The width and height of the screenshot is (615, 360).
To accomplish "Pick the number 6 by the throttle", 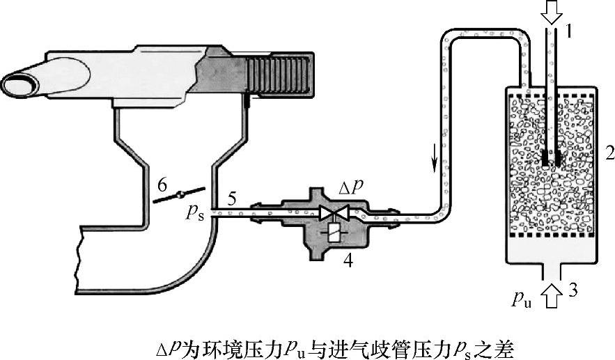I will point(162,184).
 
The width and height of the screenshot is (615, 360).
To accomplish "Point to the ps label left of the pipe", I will point(195,214).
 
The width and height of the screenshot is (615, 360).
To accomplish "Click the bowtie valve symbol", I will point(334,213).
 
